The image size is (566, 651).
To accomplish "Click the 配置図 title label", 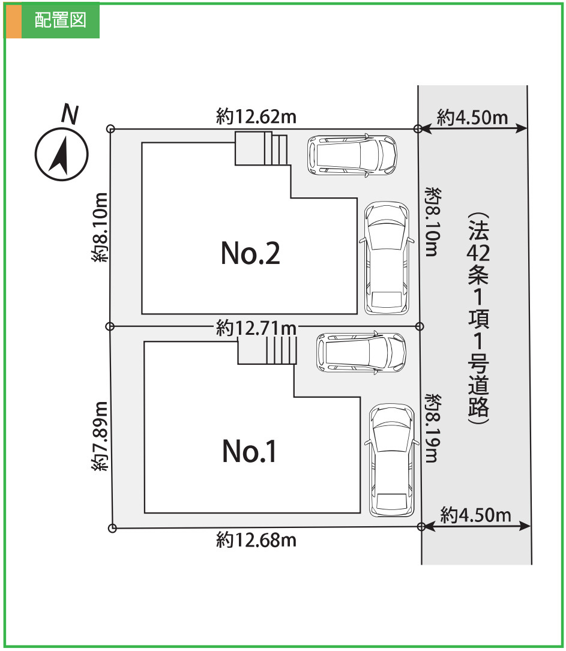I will [x=60, y=20].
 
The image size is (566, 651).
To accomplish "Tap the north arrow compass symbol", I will [x=61, y=154].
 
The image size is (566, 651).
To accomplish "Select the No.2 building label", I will [x=250, y=254].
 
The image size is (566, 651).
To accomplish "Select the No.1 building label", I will [x=250, y=451].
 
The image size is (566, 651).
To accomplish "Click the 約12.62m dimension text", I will [x=256, y=117].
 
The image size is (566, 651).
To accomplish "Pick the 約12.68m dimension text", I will [x=256, y=541].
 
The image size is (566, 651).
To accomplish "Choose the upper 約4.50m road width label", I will [x=472, y=117].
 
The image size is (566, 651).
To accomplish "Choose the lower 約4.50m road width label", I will [x=475, y=514].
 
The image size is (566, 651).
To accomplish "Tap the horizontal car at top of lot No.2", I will [x=352, y=155].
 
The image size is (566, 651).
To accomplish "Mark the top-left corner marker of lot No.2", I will [x=110, y=128].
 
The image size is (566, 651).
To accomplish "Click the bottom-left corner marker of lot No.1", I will [x=112, y=528].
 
